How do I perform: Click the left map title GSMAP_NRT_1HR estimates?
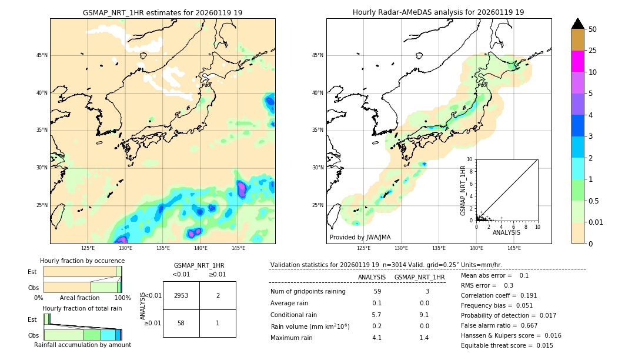tap(162, 12)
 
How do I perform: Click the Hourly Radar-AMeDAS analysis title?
tap(438, 12)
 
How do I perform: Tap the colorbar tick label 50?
tap(593, 29)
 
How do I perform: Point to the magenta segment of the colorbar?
tap(577, 61)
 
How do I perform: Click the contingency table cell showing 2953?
tap(181, 295)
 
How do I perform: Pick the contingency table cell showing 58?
tap(181, 323)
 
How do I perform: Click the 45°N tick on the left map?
tap(42, 55)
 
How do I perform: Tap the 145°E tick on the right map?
tap(513, 248)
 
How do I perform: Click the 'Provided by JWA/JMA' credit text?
tap(360, 237)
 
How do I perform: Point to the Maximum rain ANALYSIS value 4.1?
tap(377, 338)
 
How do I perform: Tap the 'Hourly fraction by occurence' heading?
tap(82, 261)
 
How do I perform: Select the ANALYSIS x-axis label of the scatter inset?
tap(506, 232)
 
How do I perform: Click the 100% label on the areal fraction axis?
tap(122, 298)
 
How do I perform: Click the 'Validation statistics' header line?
tap(386, 265)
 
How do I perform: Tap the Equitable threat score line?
tap(507, 345)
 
